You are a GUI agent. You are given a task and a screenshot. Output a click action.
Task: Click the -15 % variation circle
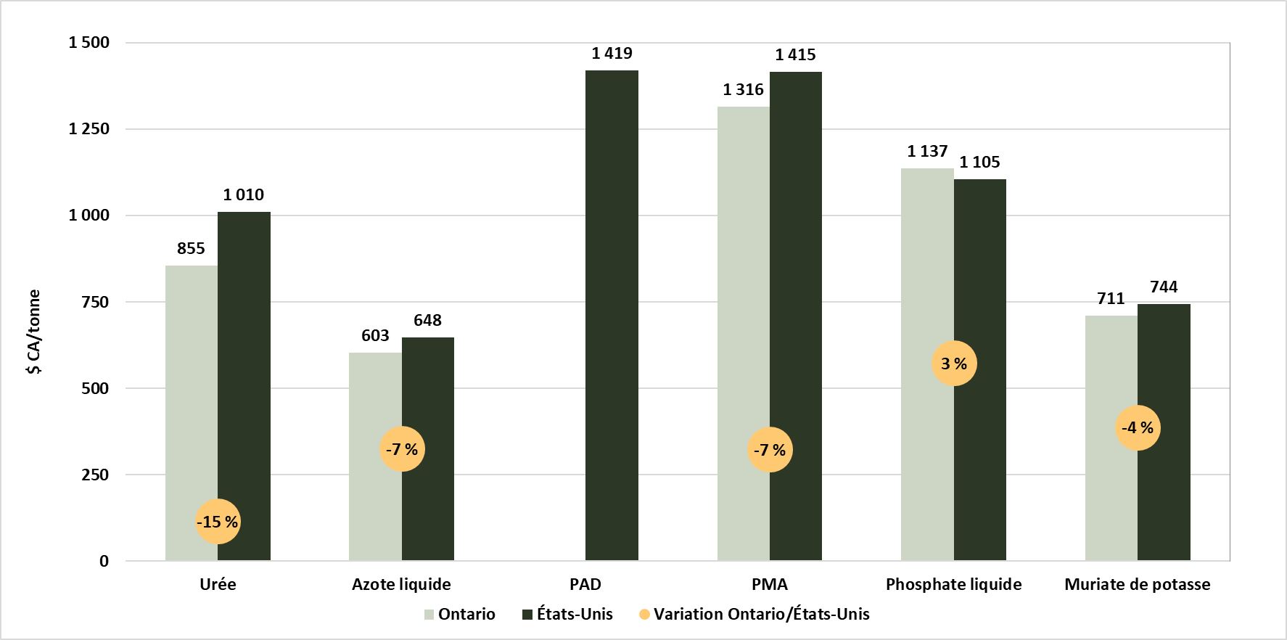pyautogui.click(x=218, y=522)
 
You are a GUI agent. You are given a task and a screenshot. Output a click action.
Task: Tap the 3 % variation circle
pyautogui.click(x=954, y=364)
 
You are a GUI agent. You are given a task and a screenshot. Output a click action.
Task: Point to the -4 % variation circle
pyautogui.click(x=1138, y=427)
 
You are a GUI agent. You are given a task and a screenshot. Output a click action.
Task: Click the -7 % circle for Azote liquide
pyautogui.click(x=402, y=449)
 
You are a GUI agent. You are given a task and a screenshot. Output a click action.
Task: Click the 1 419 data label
pyautogui.click(x=612, y=53)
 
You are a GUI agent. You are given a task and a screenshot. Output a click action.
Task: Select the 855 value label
pyautogui.click(x=191, y=248)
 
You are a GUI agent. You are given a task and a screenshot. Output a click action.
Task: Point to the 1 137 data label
pyautogui.click(x=927, y=151)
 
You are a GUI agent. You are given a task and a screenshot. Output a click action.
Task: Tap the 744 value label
pyautogui.click(x=1164, y=287)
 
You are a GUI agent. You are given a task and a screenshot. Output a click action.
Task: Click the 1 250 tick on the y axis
pyautogui.click(x=89, y=129)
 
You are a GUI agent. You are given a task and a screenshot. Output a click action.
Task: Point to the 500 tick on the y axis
pyautogui.click(x=94, y=388)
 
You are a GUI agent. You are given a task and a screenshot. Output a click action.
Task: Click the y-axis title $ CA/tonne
pyautogui.click(x=33, y=332)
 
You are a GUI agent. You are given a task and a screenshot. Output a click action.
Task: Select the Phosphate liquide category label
pyautogui.click(x=953, y=585)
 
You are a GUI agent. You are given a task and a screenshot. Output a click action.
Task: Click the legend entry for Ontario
pyautogui.click(x=459, y=615)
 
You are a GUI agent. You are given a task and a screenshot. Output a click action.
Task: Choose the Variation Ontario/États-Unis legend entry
pyautogui.click(x=754, y=615)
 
